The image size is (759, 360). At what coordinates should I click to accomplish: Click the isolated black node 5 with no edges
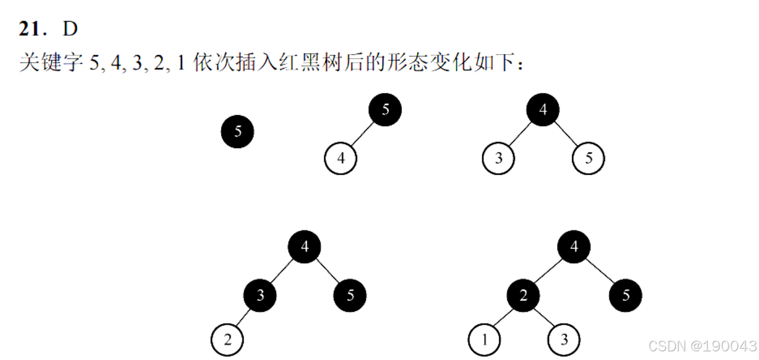[237, 131]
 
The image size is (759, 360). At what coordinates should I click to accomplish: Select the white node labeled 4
[340, 158]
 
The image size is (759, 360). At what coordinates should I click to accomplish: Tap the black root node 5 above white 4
[385, 110]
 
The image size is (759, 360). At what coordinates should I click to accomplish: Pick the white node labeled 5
[588, 158]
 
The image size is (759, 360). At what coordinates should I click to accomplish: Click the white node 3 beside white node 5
[499, 158]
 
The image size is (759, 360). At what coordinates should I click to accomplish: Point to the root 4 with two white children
[543, 110]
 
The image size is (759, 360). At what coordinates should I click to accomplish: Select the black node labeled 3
[260, 296]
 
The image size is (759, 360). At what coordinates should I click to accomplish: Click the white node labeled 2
[227, 340]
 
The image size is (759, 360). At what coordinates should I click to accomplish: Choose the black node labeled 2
[523, 296]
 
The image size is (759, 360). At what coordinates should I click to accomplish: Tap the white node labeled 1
[484, 340]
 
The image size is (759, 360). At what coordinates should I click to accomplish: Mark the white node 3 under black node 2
[564, 340]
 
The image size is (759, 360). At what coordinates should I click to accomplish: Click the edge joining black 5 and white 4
[363, 134]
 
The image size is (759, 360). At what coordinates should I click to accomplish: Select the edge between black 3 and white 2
[244, 318]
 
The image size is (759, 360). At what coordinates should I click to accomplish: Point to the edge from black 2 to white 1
[503, 318]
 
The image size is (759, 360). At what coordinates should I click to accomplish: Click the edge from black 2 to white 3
[543, 318]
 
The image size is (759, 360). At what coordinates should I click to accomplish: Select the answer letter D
[70, 29]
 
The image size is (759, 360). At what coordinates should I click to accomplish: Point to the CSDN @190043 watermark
[702, 346]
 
